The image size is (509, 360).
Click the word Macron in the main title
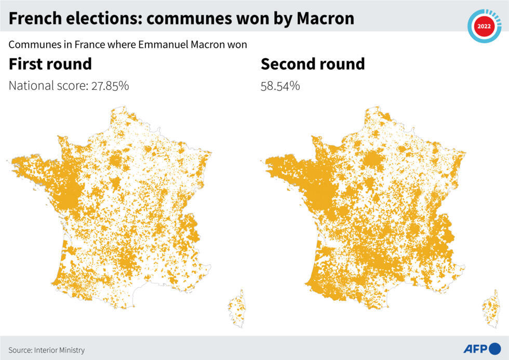point(326,19)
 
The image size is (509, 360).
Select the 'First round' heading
point(50,64)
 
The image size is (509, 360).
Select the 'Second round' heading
point(313,64)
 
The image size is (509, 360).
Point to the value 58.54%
point(280,86)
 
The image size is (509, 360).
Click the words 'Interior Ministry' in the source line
point(60,350)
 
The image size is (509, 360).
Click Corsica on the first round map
point(237,309)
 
